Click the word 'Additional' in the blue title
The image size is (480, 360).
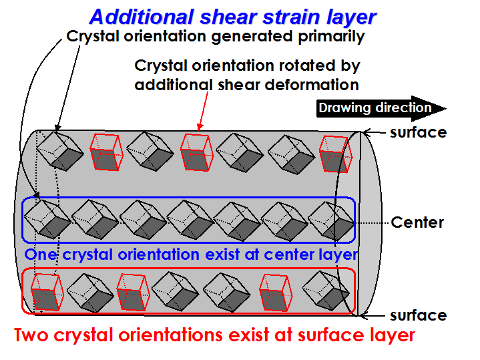tap(142, 17)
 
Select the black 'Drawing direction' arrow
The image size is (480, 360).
tap(381, 108)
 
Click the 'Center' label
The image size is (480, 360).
tap(417, 222)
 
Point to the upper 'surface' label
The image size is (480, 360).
tap(418, 133)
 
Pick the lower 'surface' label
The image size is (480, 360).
tap(418, 315)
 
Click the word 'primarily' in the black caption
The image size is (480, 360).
tap(331, 37)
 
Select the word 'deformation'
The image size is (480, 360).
tap(311, 85)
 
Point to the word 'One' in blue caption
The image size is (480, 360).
tap(41, 254)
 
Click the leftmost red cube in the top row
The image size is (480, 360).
tap(106, 152)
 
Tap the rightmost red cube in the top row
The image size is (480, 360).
tap(336, 154)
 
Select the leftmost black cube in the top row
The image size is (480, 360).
tap(59, 151)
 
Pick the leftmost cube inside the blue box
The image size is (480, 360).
tap(47, 219)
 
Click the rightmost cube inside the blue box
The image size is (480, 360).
tap(331, 221)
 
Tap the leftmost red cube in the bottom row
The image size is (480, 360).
tap(47, 293)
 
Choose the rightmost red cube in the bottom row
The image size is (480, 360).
tap(276, 293)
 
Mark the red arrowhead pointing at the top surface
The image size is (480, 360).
tap(200, 127)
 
